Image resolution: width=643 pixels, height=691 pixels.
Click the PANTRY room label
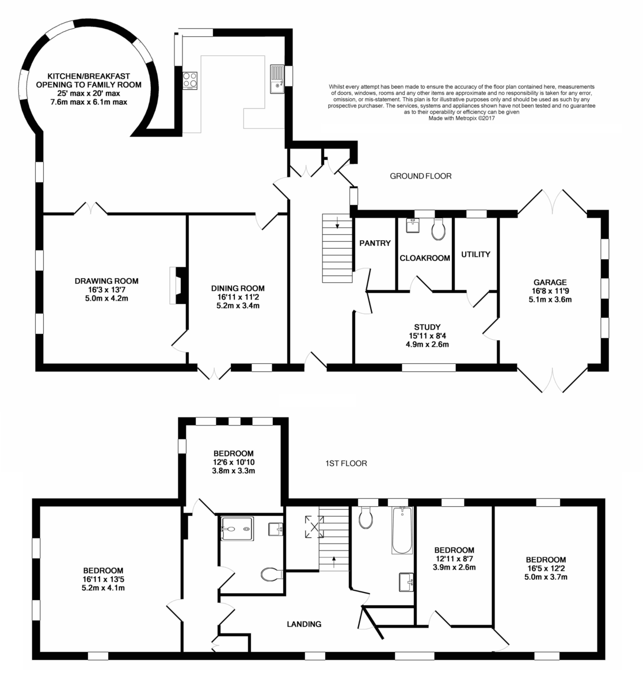pyautogui.click(x=375, y=243)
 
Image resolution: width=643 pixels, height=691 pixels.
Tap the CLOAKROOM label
pyautogui.click(x=424, y=258)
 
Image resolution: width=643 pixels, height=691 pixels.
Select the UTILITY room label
pyautogui.click(x=475, y=255)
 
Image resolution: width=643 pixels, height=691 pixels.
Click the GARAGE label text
pyautogui.click(x=550, y=282)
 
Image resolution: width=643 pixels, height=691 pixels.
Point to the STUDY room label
pyautogui.click(x=427, y=327)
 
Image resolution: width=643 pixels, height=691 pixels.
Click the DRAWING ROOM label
pyautogui.click(x=106, y=281)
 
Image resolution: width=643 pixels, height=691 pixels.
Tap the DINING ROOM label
pyautogui.click(x=238, y=288)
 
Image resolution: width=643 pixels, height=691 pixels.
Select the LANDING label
pyautogui.click(x=304, y=624)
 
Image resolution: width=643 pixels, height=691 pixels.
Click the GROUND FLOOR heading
pyautogui.click(x=421, y=176)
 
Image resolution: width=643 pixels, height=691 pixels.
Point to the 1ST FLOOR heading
pyautogui.click(x=346, y=464)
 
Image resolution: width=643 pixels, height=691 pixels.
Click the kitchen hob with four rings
pyautogui.click(x=190, y=81)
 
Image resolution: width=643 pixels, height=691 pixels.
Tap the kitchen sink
pyautogui.click(x=277, y=79)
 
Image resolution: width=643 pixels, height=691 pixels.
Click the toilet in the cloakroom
pyautogui.click(x=437, y=230)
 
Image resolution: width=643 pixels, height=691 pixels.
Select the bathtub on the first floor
pyautogui.click(x=402, y=530)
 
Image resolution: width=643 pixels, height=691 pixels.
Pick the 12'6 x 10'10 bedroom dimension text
pyautogui.click(x=234, y=462)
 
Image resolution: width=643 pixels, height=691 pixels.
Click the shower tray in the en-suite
pyautogui.click(x=237, y=529)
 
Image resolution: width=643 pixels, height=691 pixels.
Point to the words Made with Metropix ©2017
pyautogui.click(x=461, y=118)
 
